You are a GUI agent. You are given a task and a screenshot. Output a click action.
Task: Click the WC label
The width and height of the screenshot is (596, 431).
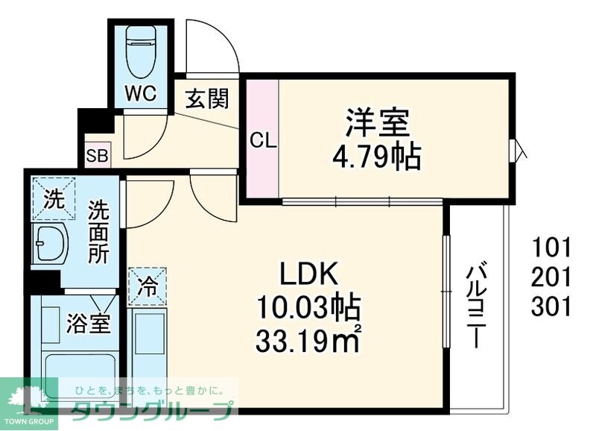141,95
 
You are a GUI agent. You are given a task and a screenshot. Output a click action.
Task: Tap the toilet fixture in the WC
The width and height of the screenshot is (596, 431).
140,51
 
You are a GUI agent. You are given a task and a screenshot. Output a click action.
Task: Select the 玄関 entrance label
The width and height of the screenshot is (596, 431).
206,98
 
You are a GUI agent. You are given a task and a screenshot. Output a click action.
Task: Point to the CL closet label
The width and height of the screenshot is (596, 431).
261,139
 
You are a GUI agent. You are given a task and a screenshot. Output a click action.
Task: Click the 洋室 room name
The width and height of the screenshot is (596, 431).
377,122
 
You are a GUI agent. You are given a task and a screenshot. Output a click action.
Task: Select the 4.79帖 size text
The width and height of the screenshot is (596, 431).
377,157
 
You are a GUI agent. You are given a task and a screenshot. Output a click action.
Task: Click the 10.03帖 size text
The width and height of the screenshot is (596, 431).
308,307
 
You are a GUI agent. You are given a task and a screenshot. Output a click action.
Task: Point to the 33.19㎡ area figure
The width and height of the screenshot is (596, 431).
308,341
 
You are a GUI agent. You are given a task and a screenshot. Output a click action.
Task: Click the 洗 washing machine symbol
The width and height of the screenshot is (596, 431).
53,198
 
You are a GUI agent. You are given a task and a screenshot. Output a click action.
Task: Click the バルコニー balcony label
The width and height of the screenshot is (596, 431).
475,306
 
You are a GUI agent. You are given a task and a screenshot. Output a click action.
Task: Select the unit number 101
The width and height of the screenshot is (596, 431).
551,247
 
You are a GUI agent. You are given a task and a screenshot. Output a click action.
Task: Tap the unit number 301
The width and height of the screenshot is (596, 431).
551,306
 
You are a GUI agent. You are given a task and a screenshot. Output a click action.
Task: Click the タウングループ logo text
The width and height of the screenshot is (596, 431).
152,409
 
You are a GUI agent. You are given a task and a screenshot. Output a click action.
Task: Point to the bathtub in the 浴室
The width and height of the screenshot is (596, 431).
79,373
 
